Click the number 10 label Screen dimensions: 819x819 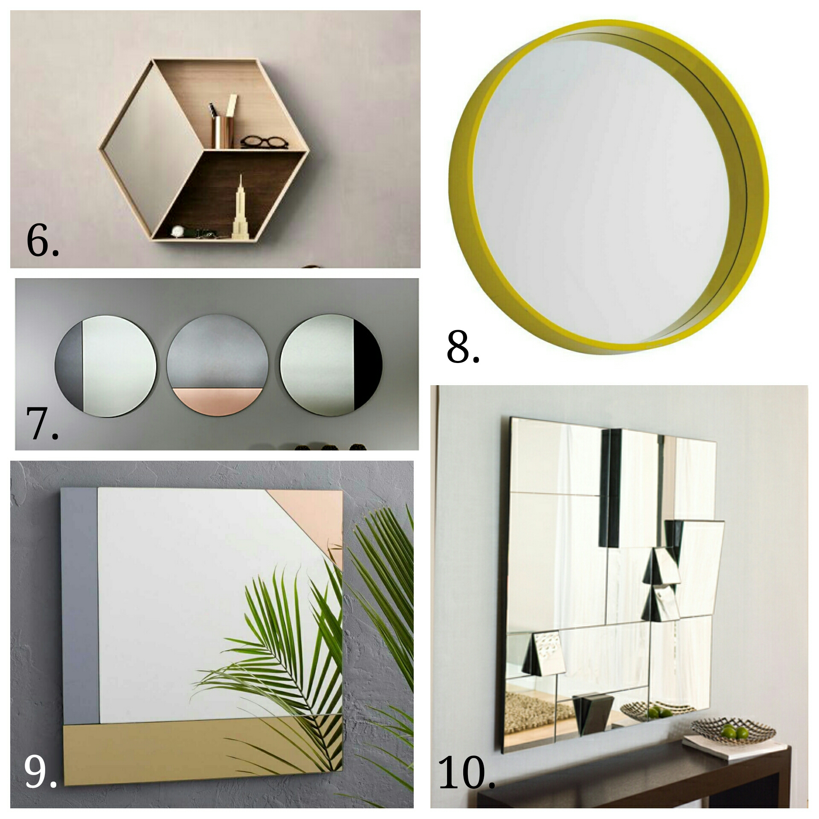pos(466,773)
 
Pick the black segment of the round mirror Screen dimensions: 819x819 pos(366,365)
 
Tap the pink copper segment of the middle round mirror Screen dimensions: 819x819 pos(217,400)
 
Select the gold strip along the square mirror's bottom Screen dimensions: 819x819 pos(203,749)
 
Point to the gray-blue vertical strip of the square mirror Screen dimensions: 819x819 pos(79,606)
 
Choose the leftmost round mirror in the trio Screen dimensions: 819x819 pos(105,366)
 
